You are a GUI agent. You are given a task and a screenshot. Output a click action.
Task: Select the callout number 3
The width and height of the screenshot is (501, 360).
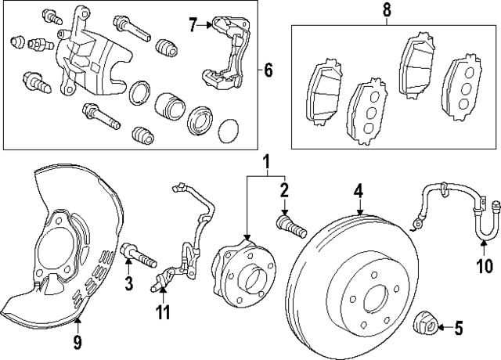(x=128, y=281)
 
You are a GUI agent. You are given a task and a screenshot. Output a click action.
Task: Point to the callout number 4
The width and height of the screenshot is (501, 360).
(x=358, y=190)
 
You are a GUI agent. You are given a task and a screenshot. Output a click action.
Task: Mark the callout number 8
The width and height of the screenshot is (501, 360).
(x=385, y=10)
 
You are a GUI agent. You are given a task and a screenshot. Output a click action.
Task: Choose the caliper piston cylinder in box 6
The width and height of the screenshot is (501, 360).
(x=168, y=106)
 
